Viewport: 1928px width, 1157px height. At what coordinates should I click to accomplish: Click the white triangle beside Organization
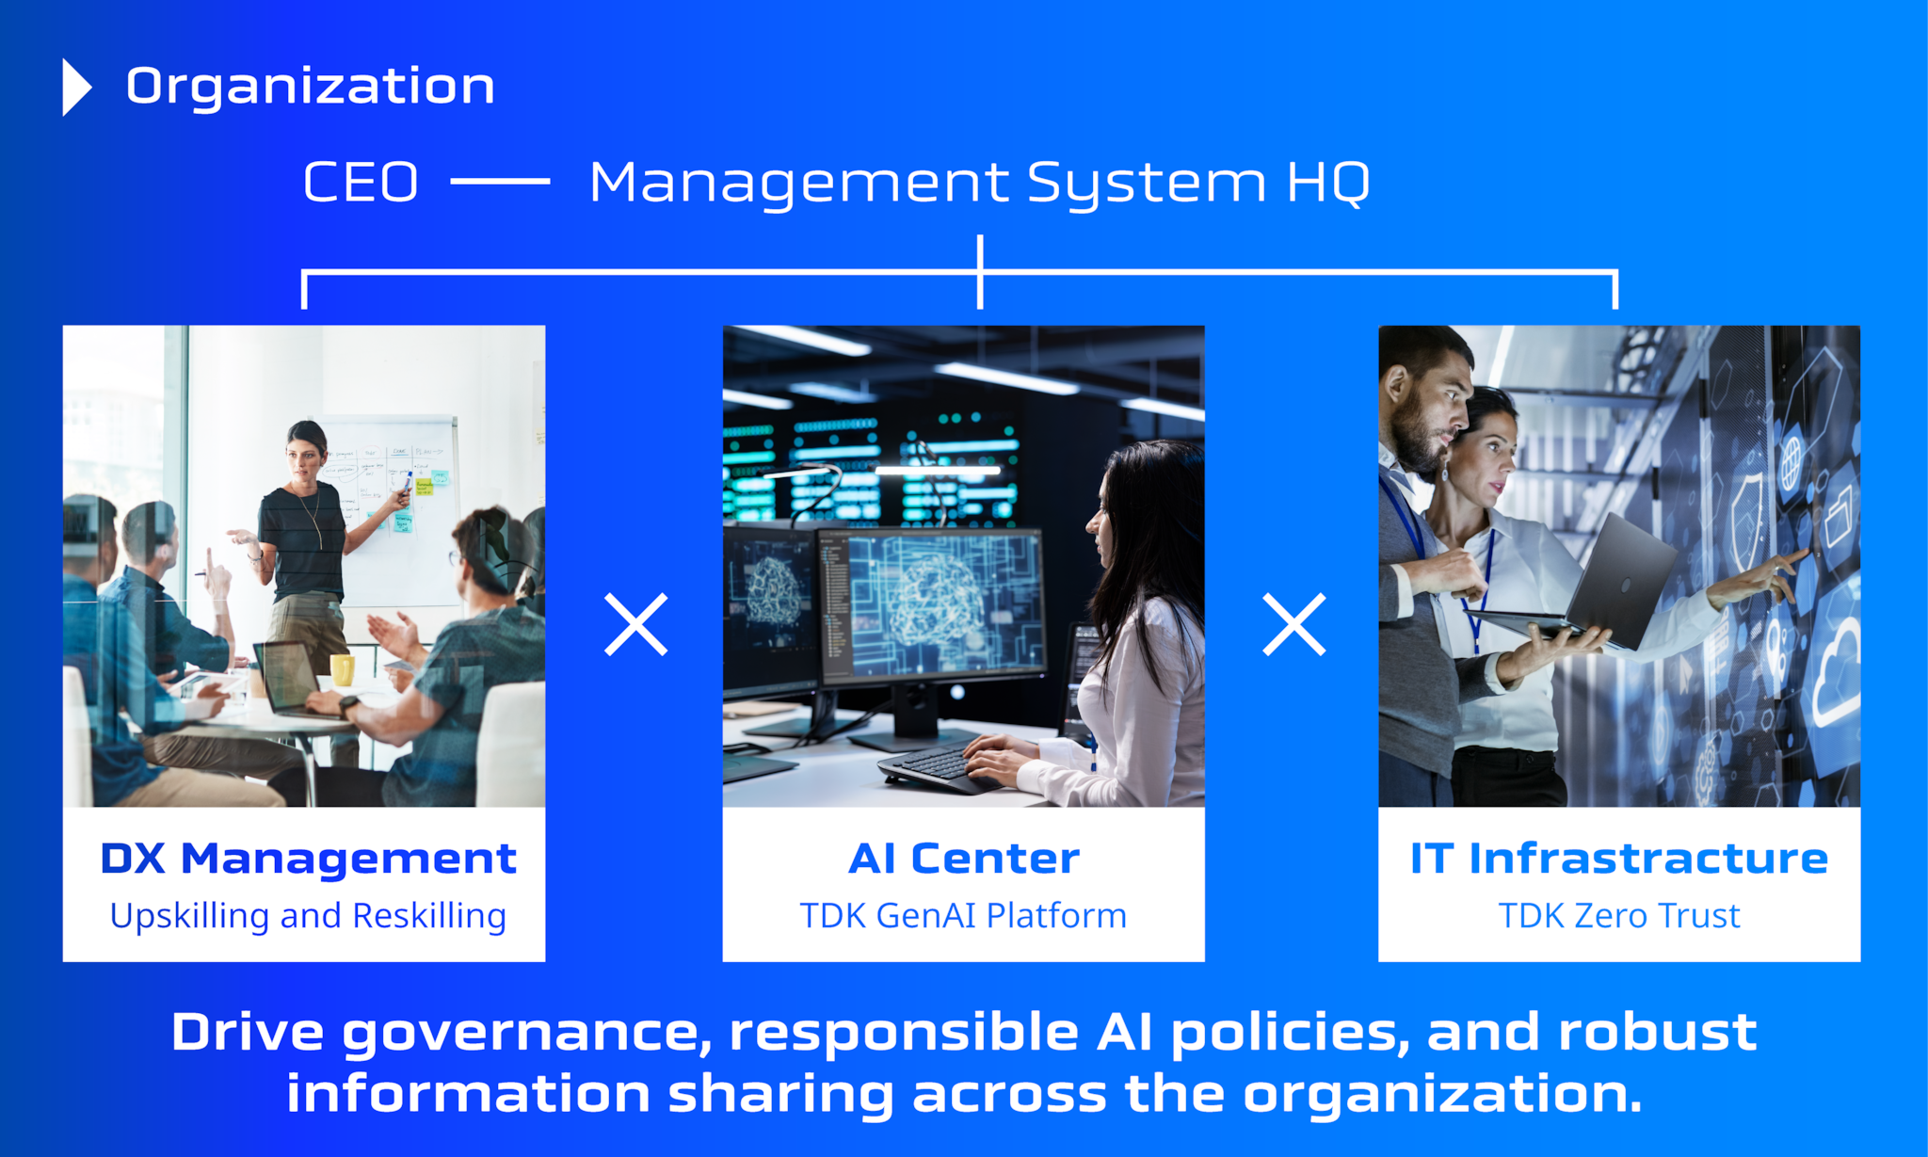tap(76, 88)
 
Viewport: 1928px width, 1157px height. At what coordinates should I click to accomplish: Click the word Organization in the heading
tap(311, 87)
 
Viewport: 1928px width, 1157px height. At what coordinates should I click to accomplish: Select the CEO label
tap(361, 182)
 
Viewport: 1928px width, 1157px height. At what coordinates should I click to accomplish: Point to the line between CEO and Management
tap(500, 182)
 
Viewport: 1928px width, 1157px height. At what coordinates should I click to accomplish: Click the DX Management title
tap(309, 859)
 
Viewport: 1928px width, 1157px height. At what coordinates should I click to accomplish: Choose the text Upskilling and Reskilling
tap(308, 916)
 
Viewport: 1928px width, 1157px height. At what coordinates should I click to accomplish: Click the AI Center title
tap(964, 859)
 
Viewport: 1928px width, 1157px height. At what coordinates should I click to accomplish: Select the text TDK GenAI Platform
tap(963, 916)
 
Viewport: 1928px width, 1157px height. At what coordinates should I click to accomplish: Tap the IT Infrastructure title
tap(1619, 859)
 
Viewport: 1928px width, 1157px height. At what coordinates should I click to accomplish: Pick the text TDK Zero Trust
tap(1619, 916)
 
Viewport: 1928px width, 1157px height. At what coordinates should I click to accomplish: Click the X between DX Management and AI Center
tap(636, 624)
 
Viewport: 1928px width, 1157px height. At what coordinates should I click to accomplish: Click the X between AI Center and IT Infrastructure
tap(1294, 624)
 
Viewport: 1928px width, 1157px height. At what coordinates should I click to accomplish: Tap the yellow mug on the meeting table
tap(342, 669)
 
